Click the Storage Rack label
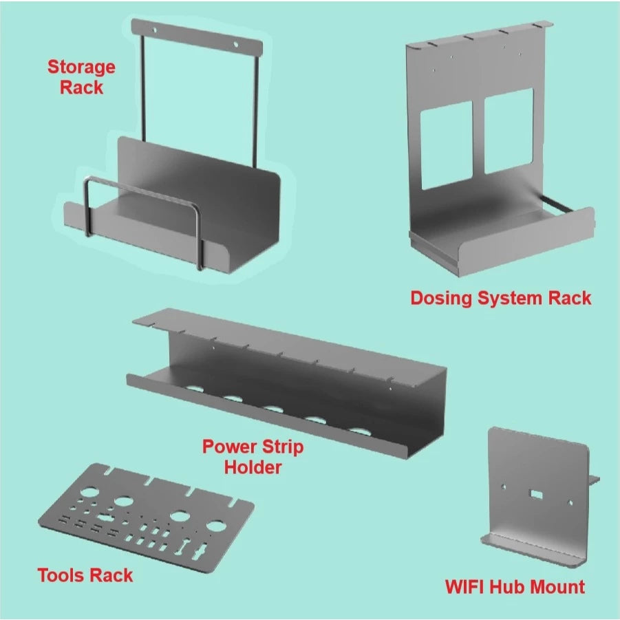pos(81,77)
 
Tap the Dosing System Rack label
pos(500,298)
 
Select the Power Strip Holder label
pos(253,457)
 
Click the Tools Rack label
pos(85,575)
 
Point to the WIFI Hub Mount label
pos(515,587)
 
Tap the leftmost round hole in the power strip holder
pos(195,390)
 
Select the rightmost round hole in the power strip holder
pos(359,432)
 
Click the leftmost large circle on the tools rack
pos(89,493)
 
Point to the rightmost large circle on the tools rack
pos(216,527)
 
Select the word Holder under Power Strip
pos(253,467)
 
